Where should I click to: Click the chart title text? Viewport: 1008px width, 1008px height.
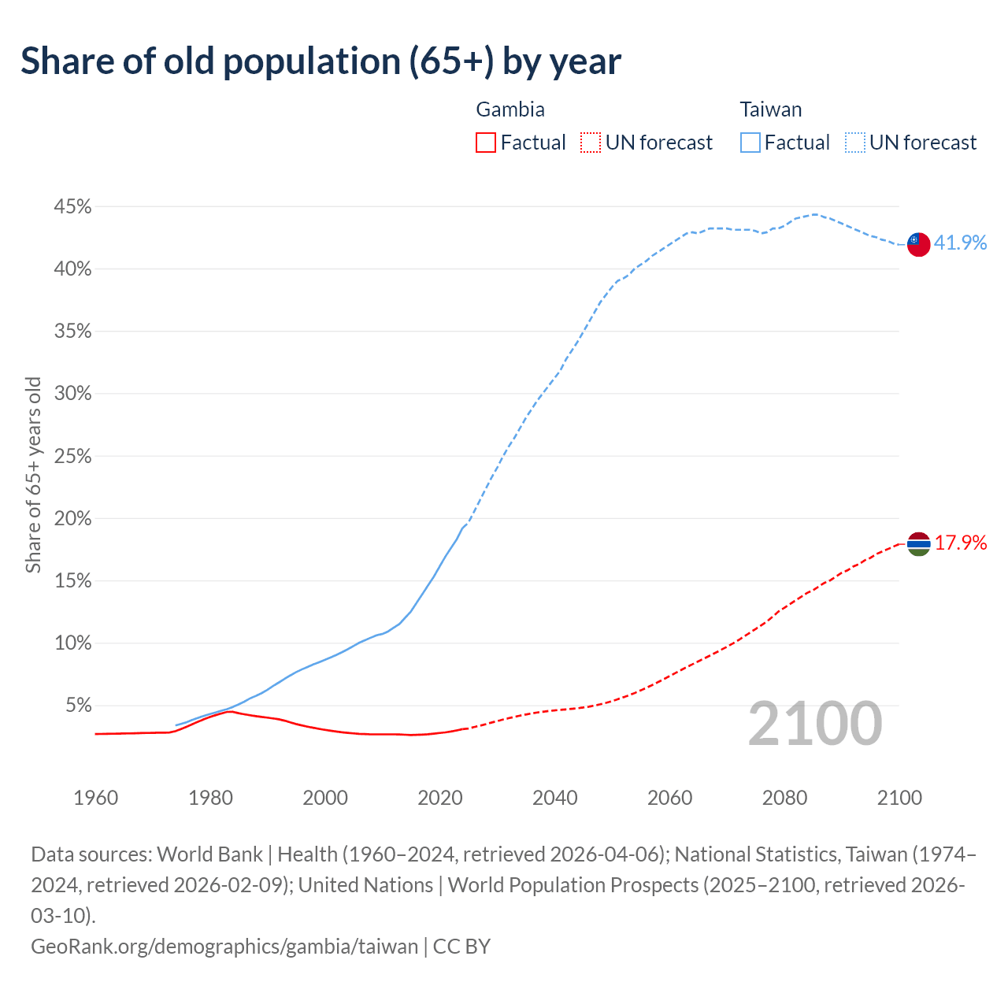[321, 61]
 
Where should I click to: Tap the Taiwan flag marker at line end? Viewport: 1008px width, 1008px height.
[918, 244]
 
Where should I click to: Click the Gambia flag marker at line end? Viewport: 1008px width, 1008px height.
[918, 543]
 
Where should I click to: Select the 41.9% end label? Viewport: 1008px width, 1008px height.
[960, 243]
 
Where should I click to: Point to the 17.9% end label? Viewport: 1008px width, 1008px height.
[961, 543]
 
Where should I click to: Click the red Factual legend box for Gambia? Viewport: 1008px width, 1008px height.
[486, 143]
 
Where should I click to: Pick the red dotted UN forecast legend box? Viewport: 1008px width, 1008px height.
[590, 143]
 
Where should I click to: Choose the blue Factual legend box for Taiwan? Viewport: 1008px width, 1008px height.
[750, 143]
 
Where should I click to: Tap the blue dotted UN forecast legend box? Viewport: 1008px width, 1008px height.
[854, 143]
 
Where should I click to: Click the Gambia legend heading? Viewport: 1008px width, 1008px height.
[510, 109]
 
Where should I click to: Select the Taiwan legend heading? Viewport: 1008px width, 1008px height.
[770, 109]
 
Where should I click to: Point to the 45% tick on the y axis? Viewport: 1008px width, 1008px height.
[72, 207]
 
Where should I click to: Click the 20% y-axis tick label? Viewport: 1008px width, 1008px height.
[72, 519]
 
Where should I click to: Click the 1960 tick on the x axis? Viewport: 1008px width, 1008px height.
[95, 798]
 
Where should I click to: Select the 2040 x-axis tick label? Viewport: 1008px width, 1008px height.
[554, 798]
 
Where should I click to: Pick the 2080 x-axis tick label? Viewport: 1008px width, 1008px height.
[784, 798]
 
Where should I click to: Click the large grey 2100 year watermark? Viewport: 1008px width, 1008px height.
[814, 724]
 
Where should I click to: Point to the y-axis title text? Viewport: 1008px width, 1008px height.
[33, 475]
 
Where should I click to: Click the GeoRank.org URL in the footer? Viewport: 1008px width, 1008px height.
[224, 946]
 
